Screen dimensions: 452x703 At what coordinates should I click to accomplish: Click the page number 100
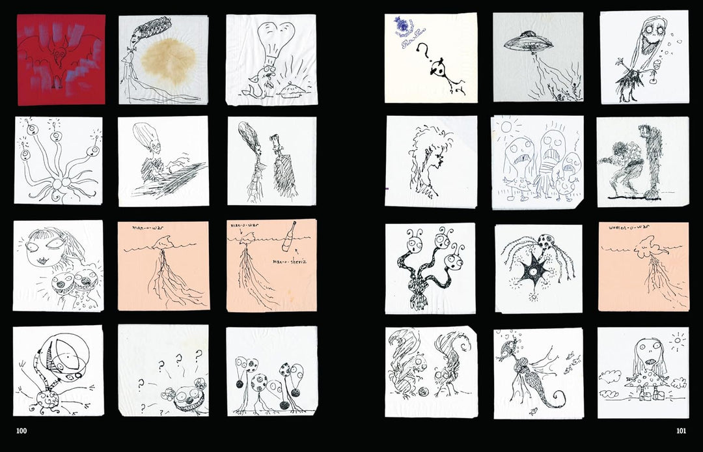(21, 431)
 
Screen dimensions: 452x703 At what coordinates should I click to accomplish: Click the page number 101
(682, 431)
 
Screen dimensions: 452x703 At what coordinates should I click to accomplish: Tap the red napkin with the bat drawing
(61, 59)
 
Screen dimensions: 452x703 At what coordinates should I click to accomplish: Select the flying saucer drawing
(528, 43)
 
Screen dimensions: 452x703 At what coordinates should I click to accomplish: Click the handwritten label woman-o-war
(625, 228)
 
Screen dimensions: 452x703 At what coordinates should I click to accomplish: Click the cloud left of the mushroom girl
(611, 376)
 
